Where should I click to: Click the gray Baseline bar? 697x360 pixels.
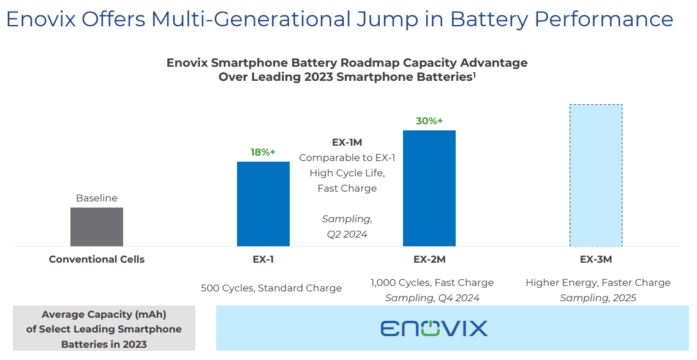97,227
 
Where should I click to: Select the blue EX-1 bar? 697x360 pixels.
263,204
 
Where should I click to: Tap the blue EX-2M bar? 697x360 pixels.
429,188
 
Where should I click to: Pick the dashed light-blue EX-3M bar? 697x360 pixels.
595,175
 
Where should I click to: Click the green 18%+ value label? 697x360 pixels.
263,152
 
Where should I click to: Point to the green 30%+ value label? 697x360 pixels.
429,121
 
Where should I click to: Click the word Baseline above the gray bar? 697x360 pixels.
97,198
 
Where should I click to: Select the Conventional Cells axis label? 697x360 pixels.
97,259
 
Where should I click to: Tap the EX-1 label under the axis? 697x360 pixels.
263,259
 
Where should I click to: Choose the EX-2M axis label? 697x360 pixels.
429,259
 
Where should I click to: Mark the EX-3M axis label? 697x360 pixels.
596,259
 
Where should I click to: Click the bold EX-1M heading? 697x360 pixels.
347,143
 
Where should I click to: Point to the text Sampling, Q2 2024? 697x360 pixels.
347,227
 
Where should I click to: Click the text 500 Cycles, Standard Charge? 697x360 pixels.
271,288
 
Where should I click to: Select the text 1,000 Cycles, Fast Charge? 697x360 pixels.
432,282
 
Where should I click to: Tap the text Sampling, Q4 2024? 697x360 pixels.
432,298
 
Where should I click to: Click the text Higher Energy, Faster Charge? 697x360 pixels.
598,282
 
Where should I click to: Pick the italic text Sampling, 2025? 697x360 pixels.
598,298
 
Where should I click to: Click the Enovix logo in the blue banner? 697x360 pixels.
434,328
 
